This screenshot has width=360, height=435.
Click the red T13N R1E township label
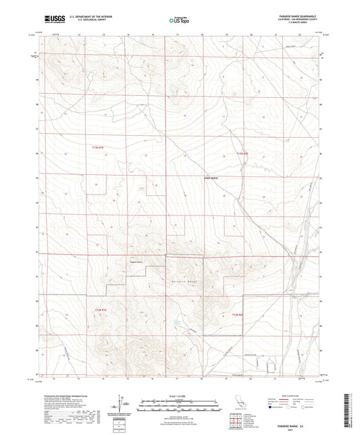point(99,147)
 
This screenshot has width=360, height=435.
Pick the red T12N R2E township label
point(237,315)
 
